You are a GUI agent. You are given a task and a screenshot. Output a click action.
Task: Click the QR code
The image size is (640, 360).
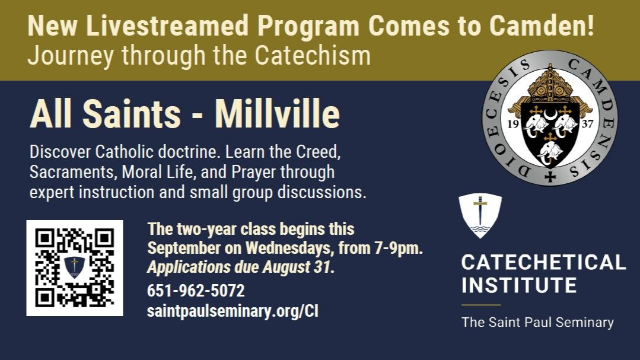tap(75, 267)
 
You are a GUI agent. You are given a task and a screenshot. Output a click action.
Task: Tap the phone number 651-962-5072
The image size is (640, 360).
tap(196, 291)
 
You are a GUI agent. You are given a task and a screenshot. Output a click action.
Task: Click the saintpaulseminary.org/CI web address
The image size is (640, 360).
tap(233, 311)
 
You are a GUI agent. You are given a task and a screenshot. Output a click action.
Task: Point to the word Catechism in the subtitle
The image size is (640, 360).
tap(313, 56)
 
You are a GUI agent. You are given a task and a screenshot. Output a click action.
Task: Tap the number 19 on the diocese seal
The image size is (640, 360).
tap(513, 124)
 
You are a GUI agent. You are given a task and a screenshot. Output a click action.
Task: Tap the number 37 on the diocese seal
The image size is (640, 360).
tap(587, 124)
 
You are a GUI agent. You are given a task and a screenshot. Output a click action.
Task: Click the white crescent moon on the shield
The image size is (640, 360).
tap(550, 116)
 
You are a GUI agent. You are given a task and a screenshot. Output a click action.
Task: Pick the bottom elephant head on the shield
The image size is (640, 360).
tap(550, 152)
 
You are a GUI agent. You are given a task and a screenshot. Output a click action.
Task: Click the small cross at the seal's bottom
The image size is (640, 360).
tap(550, 177)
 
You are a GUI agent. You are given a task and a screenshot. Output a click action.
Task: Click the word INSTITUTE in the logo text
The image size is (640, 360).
tap(519, 285)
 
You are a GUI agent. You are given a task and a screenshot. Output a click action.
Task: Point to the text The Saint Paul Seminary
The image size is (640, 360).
tap(537, 322)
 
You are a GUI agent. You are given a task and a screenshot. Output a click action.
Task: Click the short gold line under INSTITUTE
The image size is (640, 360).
tap(481, 304)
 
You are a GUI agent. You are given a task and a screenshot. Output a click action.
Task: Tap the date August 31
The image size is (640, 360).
tap(296, 267)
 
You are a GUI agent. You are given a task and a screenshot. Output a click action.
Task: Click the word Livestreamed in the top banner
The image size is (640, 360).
tap(167, 26)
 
